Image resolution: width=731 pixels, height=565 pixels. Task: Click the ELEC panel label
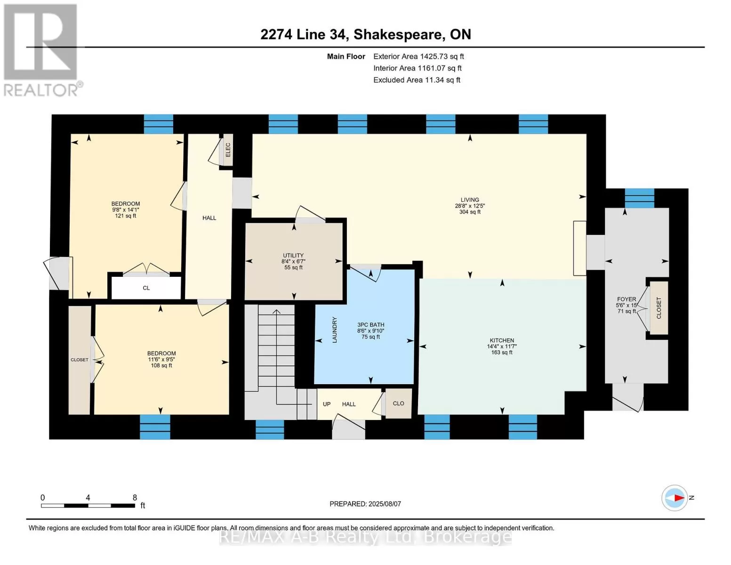coord(228,150)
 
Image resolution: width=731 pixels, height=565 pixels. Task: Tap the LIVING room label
coord(470,200)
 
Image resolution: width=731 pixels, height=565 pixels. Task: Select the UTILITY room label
coord(293,255)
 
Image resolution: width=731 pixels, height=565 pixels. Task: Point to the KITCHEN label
coord(502,340)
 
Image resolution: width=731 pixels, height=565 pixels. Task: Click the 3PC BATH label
coord(370,325)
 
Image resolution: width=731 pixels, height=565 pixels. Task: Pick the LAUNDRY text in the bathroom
coord(334,330)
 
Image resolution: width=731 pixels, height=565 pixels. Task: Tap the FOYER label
coord(627,299)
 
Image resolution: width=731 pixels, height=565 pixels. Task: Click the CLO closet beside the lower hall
coord(398,403)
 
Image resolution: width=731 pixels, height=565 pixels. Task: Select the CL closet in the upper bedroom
coord(146,288)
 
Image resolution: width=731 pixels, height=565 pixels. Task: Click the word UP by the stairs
coord(327,404)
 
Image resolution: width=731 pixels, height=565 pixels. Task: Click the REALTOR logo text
coord(41,90)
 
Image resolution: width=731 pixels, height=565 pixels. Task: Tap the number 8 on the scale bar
coord(135,497)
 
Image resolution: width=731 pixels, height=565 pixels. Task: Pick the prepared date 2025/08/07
coord(385,504)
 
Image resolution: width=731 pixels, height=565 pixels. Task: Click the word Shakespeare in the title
coord(398,35)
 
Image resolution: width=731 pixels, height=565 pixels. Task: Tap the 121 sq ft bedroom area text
coord(126,216)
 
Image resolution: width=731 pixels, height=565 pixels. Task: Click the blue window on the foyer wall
coord(639,198)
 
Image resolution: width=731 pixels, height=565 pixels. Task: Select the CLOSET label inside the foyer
coord(659,308)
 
